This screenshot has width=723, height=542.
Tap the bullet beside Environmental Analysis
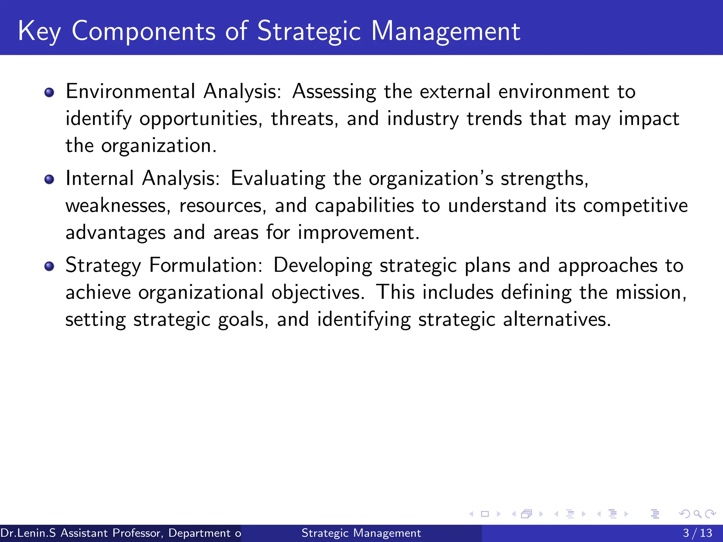pyautogui.click(x=49, y=93)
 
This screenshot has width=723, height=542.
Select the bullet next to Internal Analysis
pyautogui.click(x=49, y=180)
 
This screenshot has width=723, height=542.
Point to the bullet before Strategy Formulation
pyautogui.click(x=49, y=266)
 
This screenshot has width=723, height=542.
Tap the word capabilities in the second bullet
pyautogui.click(x=364, y=206)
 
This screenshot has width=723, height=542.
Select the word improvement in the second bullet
pyautogui.click(x=358, y=233)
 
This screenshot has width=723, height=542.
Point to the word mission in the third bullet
pyautogui.click(x=651, y=293)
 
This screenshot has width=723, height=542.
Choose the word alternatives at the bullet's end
pyautogui.click(x=556, y=319)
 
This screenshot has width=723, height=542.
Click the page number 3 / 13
pyautogui.click(x=697, y=533)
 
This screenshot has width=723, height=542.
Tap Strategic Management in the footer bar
pyautogui.click(x=361, y=533)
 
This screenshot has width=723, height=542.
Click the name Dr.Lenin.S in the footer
pyautogui.click(x=28, y=533)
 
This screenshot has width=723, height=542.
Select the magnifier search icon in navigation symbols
pyautogui.click(x=697, y=514)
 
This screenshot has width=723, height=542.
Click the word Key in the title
pyautogui.click(x=39, y=32)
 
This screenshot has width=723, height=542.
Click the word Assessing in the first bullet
pyautogui.click(x=334, y=92)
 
